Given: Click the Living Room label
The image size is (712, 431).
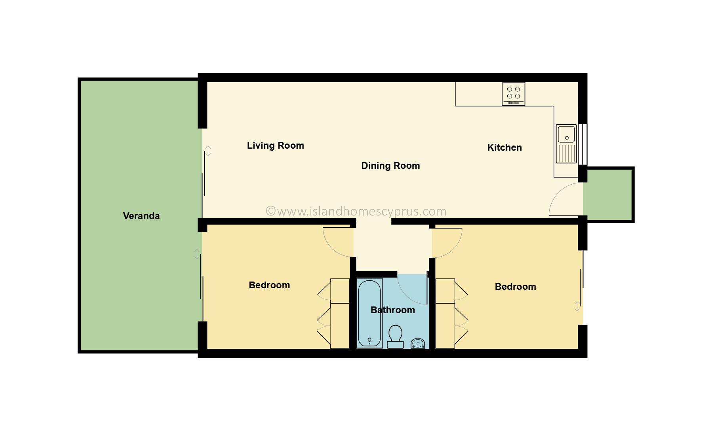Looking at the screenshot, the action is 276,146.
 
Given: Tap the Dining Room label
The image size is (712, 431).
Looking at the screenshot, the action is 390,166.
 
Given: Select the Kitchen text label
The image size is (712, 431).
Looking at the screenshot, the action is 504,147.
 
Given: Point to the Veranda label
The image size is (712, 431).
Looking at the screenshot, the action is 141,216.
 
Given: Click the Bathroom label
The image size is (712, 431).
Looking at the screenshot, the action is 393,310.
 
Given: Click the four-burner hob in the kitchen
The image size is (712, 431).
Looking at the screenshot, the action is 514,94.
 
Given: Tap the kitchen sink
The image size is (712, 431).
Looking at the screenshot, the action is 566,144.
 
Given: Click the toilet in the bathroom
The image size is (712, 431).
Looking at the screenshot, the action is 395,337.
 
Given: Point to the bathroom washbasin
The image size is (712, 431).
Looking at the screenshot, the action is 418,343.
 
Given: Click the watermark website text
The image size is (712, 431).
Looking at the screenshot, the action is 356,211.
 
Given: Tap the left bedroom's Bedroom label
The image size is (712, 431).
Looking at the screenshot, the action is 269,285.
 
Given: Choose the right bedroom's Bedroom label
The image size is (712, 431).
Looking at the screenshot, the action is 516,287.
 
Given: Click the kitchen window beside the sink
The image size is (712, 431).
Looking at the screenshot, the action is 583,144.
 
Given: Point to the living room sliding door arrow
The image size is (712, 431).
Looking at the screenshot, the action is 208,151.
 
